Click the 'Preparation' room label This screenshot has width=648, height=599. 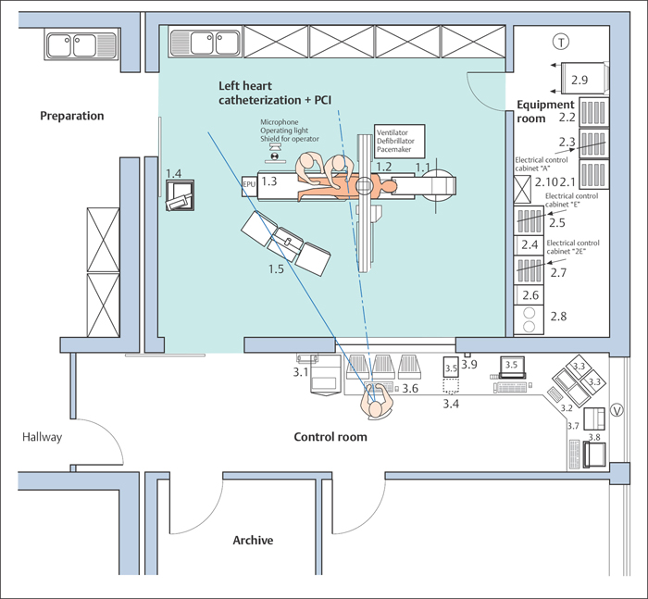(72, 116)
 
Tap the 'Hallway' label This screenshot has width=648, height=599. (43, 437)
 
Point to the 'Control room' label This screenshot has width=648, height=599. (330, 437)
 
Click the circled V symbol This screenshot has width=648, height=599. (617, 412)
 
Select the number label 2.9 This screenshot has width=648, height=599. (580, 79)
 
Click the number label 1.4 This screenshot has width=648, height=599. (174, 173)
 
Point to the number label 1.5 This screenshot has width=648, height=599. (276, 269)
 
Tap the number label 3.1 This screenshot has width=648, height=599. (300, 372)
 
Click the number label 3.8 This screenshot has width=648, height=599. (593, 438)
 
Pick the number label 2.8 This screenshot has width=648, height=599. (558, 317)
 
